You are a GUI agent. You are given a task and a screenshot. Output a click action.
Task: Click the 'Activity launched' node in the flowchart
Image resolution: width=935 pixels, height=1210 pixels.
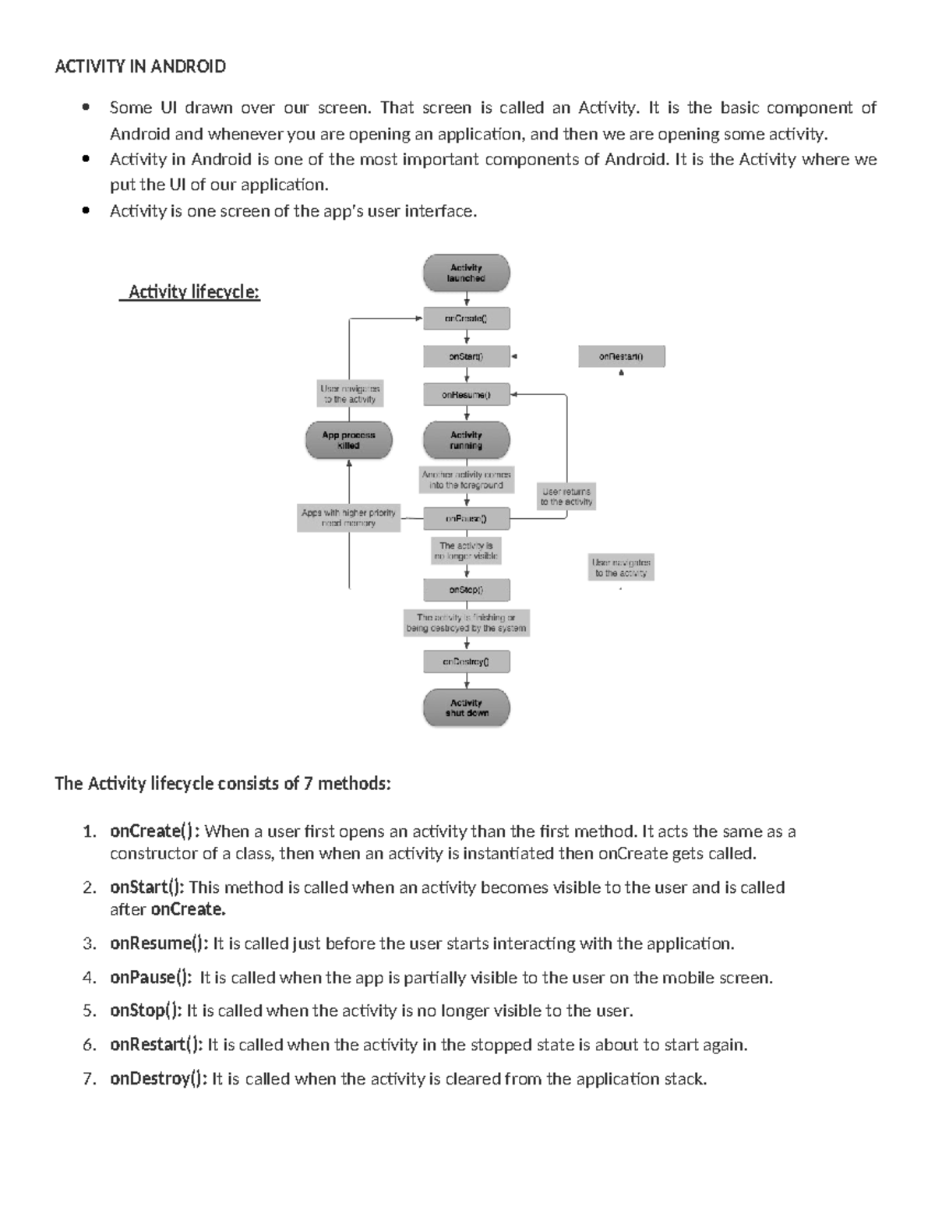466,273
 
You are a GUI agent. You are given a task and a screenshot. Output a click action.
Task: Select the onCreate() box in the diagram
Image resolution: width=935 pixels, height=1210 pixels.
466,318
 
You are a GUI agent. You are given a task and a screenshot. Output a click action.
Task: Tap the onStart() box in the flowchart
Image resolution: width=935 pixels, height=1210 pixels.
466,356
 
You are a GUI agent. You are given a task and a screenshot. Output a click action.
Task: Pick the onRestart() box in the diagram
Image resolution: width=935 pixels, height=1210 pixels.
621,356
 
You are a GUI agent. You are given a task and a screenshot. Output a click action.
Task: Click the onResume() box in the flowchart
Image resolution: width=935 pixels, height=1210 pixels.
466,394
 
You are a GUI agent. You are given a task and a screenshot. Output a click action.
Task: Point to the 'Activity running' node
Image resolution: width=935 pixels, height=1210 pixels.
466,440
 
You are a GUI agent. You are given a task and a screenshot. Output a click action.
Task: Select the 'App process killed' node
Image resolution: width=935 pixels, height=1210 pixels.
348,440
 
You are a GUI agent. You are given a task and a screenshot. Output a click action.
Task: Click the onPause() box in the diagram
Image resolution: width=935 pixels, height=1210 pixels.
466,518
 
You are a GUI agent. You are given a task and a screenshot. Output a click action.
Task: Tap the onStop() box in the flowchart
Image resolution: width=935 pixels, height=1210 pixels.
466,590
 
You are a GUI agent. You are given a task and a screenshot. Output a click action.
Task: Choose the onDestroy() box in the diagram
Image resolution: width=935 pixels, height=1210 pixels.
466,661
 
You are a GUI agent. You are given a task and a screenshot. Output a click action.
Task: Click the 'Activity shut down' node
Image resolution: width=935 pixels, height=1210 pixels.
466,707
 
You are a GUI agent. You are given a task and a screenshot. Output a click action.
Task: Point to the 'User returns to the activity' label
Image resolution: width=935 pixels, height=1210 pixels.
566,496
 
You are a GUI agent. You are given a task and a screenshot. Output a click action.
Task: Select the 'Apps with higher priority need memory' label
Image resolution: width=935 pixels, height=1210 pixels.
348,518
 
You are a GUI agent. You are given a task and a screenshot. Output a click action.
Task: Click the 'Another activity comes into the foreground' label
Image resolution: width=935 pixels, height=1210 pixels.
466,479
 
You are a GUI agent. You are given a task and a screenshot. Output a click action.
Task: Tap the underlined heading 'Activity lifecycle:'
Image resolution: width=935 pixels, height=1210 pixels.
193,292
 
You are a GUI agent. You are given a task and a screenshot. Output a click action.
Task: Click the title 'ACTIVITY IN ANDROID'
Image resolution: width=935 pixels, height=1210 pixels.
140,66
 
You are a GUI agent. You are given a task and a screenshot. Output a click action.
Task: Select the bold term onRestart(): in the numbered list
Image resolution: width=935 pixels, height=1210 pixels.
156,1044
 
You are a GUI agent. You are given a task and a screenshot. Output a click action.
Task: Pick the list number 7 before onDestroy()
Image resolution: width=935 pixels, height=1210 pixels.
90,1079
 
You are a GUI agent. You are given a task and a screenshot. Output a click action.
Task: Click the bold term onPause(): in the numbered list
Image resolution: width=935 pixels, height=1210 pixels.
150,977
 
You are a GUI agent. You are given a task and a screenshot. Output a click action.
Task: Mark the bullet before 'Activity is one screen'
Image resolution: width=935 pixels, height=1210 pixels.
86,210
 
